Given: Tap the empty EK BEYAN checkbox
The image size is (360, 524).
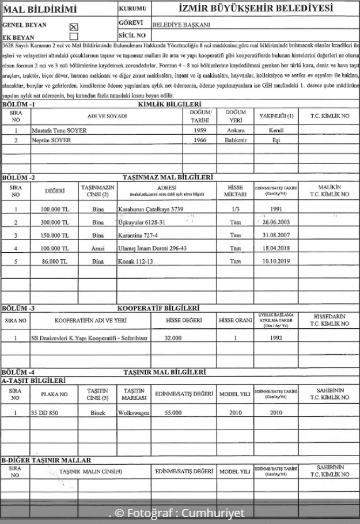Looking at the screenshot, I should (73, 36).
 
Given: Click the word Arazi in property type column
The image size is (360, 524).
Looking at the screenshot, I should (97, 248).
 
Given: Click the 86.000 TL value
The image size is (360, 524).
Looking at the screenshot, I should (54, 261).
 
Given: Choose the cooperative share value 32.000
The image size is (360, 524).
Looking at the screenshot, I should (173, 337).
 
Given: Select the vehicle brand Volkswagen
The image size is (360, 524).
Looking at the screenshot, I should (133, 413).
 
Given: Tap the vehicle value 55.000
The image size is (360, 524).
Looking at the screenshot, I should (173, 413).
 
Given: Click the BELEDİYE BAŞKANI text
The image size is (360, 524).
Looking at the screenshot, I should (181, 26).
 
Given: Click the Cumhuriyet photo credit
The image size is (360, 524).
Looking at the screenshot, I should (177, 513).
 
